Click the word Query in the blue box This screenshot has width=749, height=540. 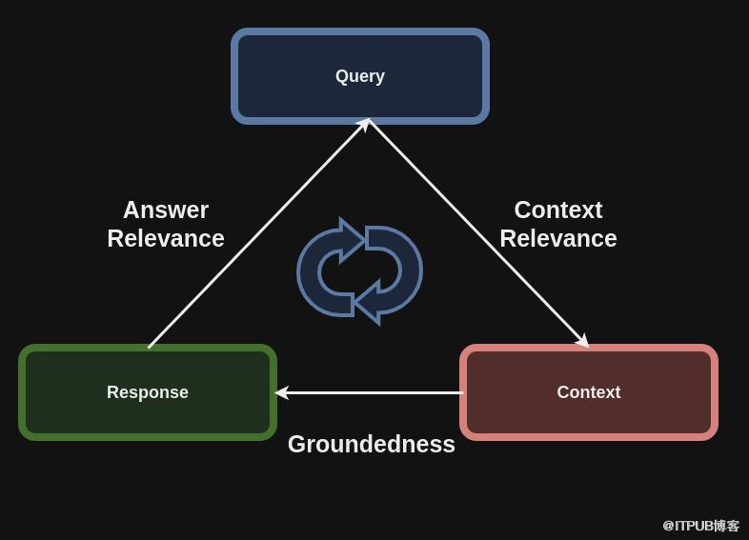coord(360,76)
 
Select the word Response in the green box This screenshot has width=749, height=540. coord(148,392)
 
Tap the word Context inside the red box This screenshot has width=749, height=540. coord(588,392)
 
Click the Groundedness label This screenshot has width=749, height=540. coord(371,444)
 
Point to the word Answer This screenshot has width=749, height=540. coord(166,210)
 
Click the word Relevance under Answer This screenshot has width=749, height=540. coord(166,238)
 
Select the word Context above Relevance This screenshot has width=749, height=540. coord(558,210)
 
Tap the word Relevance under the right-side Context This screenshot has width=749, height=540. coord(558,238)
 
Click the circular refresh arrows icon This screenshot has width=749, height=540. coord(359,271)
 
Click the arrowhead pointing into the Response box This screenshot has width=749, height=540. coord(281,392)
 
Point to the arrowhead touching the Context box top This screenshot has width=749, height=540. coord(582,341)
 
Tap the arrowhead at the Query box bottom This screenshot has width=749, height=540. coord(364,124)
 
